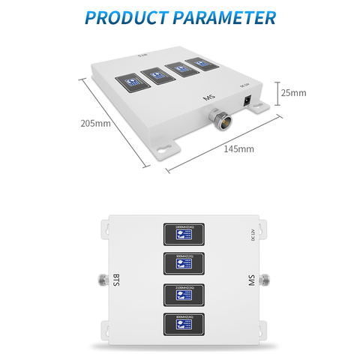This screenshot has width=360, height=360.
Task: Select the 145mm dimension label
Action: (239, 148)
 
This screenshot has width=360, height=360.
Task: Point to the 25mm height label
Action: (293, 93)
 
